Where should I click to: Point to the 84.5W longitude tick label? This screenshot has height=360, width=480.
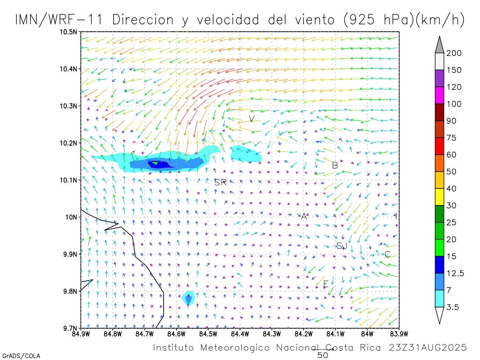(x=208, y=333)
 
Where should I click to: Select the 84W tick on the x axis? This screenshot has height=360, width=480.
(x=367, y=333)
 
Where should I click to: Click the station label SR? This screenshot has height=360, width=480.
(x=220, y=183)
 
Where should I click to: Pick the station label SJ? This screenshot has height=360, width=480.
(x=341, y=246)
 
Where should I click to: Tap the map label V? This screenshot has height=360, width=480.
(x=252, y=119)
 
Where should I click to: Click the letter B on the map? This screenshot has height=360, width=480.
(x=335, y=165)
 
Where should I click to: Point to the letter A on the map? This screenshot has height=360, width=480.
(x=304, y=216)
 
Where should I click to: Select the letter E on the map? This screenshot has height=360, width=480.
(x=326, y=284)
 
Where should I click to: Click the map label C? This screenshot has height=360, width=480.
(x=387, y=254)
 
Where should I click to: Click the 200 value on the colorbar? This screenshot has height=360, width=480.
(x=454, y=53)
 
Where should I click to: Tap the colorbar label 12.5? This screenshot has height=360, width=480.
(x=456, y=273)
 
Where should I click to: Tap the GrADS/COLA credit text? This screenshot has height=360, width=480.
(x=21, y=356)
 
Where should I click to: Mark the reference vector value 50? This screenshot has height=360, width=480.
(x=323, y=355)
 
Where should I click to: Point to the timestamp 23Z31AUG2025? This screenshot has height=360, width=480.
(x=428, y=348)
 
